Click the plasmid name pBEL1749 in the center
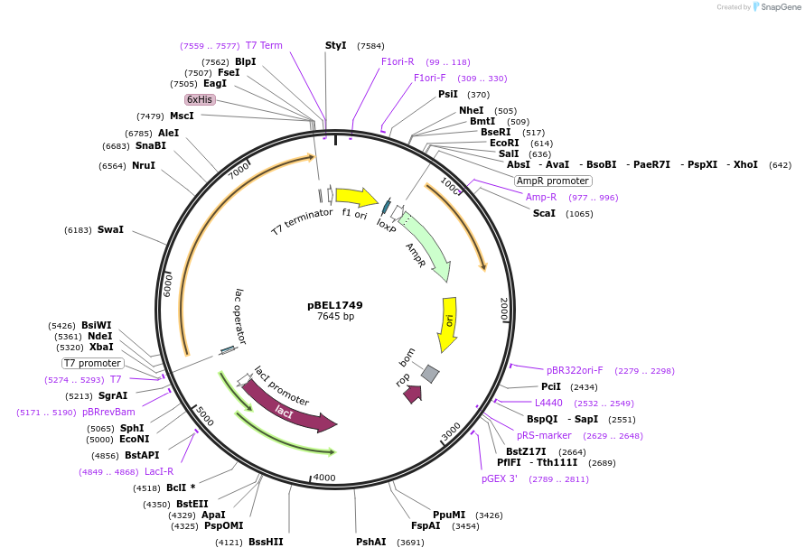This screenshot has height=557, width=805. [x=334, y=305]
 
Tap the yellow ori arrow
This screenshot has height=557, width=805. [x=448, y=323]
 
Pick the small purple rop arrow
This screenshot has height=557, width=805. [x=413, y=394]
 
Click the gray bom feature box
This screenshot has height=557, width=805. [x=430, y=373]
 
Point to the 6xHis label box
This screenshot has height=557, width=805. [x=200, y=99]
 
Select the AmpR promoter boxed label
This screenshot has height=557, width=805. [x=552, y=181]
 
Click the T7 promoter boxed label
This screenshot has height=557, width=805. [x=93, y=363]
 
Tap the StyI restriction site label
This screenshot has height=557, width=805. [x=336, y=45]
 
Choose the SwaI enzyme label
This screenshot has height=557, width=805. [x=110, y=230]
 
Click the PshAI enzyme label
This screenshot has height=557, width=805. [x=370, y=542]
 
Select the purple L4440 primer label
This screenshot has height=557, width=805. [x=548, y=403]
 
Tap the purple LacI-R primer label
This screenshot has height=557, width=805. [x=159, y=471]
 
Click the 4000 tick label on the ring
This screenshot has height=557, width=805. [x=323, y=478]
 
